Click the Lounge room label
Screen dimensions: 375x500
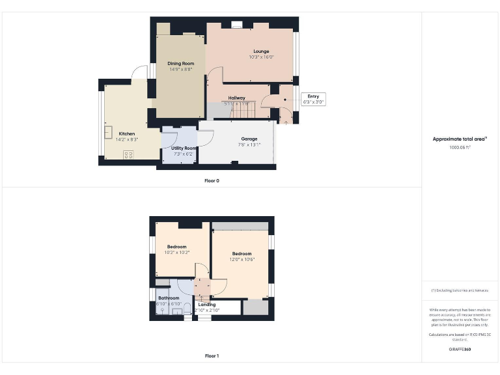(x=261, y=51)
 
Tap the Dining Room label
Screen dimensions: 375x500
(x=180, y=63)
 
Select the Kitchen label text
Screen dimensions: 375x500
(x=127, y=133)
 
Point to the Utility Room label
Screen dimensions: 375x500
(x=184, y=148)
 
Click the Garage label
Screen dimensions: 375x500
(x=249, y=139)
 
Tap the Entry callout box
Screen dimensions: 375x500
(x=313, y=99)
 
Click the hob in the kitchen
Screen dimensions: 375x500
(x=128, y=154)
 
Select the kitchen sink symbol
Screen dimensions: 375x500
(x=107, y=132)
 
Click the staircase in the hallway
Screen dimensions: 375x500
(x=243, y=111)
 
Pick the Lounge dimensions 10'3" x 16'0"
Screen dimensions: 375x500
(x=261, y=57)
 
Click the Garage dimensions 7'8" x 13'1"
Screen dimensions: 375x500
(x=249, y=145)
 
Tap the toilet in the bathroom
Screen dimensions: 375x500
(x=187, y=307)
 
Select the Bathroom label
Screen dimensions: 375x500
(x=169, y=298)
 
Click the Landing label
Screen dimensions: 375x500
(x=207, y=304)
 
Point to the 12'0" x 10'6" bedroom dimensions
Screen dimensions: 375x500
(x=242, y=259)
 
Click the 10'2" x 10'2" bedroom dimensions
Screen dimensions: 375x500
(x=177, y=253)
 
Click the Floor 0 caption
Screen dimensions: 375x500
(x=212, y=180)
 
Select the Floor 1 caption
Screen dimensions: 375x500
(x=212, y=356)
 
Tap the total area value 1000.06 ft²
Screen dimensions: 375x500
(x=460, y=147)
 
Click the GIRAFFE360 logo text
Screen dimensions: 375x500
(x=460, y=350)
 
